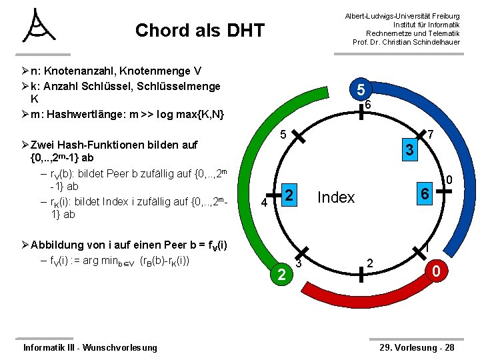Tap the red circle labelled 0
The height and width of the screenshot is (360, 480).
[435, 272]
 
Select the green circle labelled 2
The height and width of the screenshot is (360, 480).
[281, 274]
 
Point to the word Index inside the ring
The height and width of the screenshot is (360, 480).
[336, 197]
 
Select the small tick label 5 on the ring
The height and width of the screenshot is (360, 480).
[283, 135]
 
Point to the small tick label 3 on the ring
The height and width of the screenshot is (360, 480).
[299, 263]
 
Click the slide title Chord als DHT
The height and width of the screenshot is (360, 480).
[199, 31]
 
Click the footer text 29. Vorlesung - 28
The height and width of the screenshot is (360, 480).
[417, 347]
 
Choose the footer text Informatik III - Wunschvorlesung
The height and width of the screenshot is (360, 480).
[90, 347]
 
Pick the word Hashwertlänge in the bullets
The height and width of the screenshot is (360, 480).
[86, 114]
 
